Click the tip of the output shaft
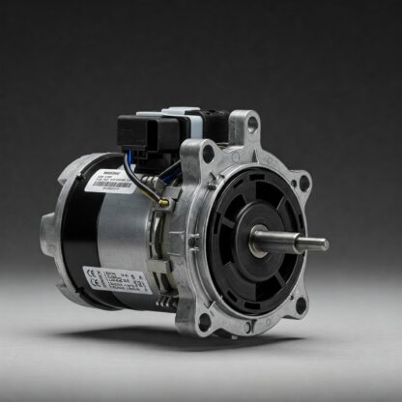tap(325, 244)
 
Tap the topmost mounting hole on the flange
tap(252, 124)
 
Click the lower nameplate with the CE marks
tap(117, 289)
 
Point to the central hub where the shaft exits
tap(258, 241)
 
